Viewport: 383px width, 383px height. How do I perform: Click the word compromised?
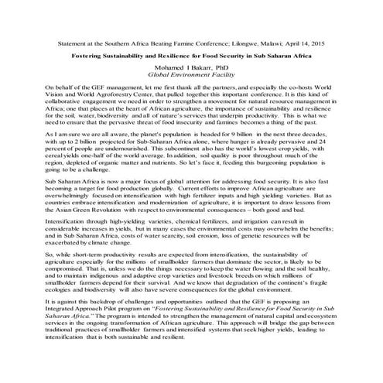(69, 277)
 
